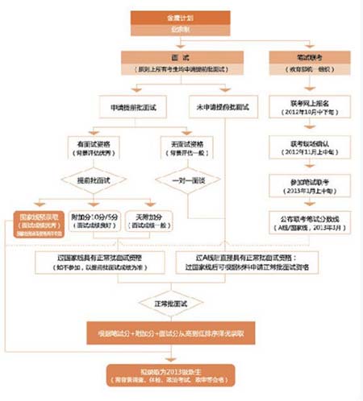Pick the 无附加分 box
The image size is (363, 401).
coord(150,221)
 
